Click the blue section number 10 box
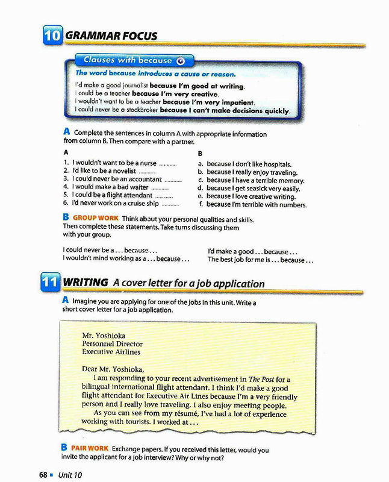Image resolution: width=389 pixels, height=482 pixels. pos(52,36)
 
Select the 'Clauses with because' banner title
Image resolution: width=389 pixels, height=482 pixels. pos(128,60)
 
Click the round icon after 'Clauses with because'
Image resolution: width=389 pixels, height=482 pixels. pos(181,61)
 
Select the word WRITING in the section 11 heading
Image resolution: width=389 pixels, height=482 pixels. pos(86,283)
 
